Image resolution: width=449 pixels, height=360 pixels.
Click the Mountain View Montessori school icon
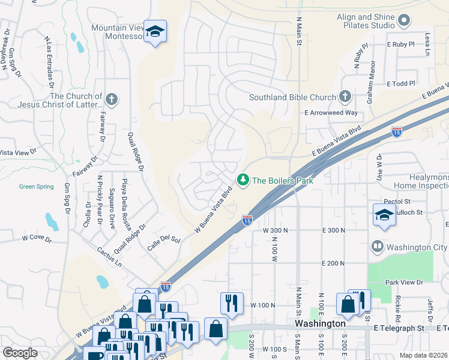(x=155, y=33)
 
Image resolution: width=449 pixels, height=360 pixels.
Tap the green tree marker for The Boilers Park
(x=243, y=179)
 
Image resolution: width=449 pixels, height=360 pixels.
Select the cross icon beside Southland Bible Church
(x=345, y=97)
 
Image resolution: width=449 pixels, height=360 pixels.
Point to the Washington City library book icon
(x=377, y=247)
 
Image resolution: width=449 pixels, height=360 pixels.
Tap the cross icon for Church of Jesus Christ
(x=110, y=100)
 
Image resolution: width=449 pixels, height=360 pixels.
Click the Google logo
(x=20, y=353)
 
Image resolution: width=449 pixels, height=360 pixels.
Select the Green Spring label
(x=36, y=187)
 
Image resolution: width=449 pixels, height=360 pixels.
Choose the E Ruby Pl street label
(x=401, y=44)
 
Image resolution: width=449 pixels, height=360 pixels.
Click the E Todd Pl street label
(x=401, y=83)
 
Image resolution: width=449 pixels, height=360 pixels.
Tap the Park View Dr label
(x=404, y=282)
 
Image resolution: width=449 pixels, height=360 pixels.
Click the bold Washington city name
(x=321, y=323)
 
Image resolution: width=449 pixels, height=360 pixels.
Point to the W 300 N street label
(x=276, y=230)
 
